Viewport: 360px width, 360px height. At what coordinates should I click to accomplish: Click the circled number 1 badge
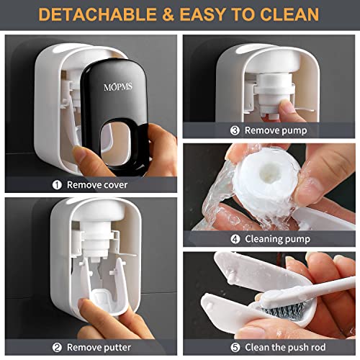coord(57,184)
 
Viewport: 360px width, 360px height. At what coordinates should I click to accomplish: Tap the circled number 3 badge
coord(235,130)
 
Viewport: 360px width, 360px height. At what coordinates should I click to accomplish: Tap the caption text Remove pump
coord(276,130)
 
